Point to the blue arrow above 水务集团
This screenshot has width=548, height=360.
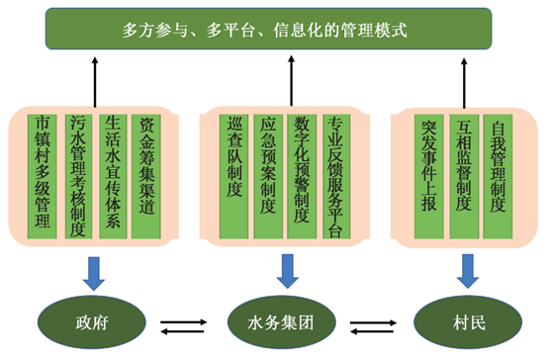pos(288,268)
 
